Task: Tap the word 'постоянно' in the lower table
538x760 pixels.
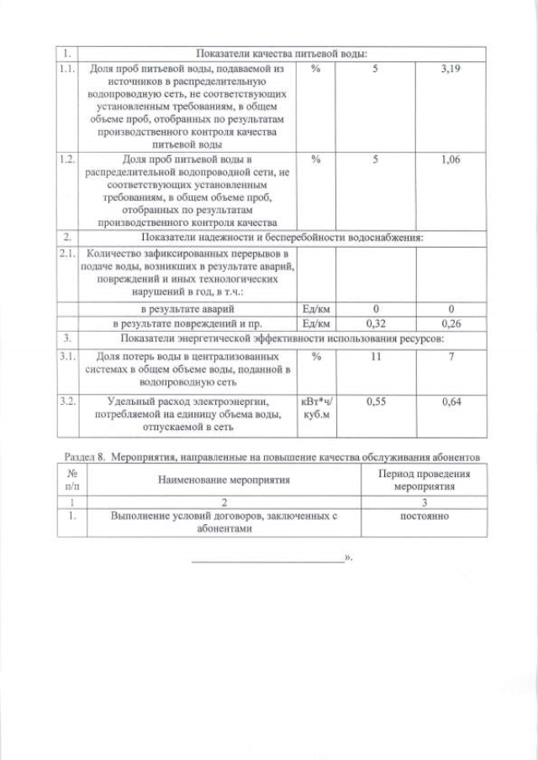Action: click(424, 516)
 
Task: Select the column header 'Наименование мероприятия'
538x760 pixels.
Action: click(224, 480)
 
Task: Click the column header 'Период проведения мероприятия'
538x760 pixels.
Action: click(424, 480)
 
